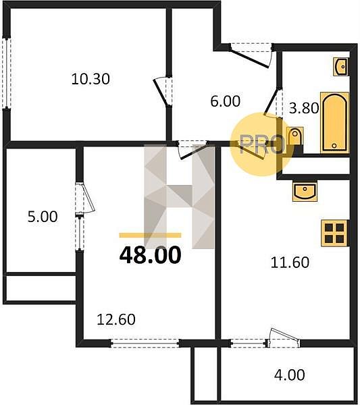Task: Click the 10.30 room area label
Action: point(91,79)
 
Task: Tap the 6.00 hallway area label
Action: point(226,101)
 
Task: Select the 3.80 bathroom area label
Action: point(304,108)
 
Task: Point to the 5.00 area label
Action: point(43,217)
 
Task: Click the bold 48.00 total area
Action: point(150,255)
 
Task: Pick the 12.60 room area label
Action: point(116,319)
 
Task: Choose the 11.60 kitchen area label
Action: point(290,263)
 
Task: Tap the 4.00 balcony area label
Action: point(290,375)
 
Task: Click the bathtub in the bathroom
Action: point(335,122)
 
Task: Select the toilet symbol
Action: point(295,136)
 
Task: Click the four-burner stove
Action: point(335,233)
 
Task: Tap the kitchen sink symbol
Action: point(305,191)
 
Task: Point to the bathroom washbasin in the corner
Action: point(341,67)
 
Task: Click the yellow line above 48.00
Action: point(150,235)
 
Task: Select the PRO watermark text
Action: point(262,145)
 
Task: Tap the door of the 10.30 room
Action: point(163,91)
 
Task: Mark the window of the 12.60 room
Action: point(145,343)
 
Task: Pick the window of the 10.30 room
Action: point(7,74)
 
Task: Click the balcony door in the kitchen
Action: point(283,338)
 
